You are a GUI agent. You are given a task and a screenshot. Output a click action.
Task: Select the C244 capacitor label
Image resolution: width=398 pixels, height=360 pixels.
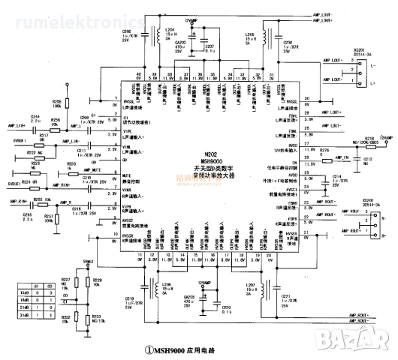pos(35,117)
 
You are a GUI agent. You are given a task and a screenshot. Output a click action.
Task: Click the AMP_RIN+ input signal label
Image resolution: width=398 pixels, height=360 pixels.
pos(18,202)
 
